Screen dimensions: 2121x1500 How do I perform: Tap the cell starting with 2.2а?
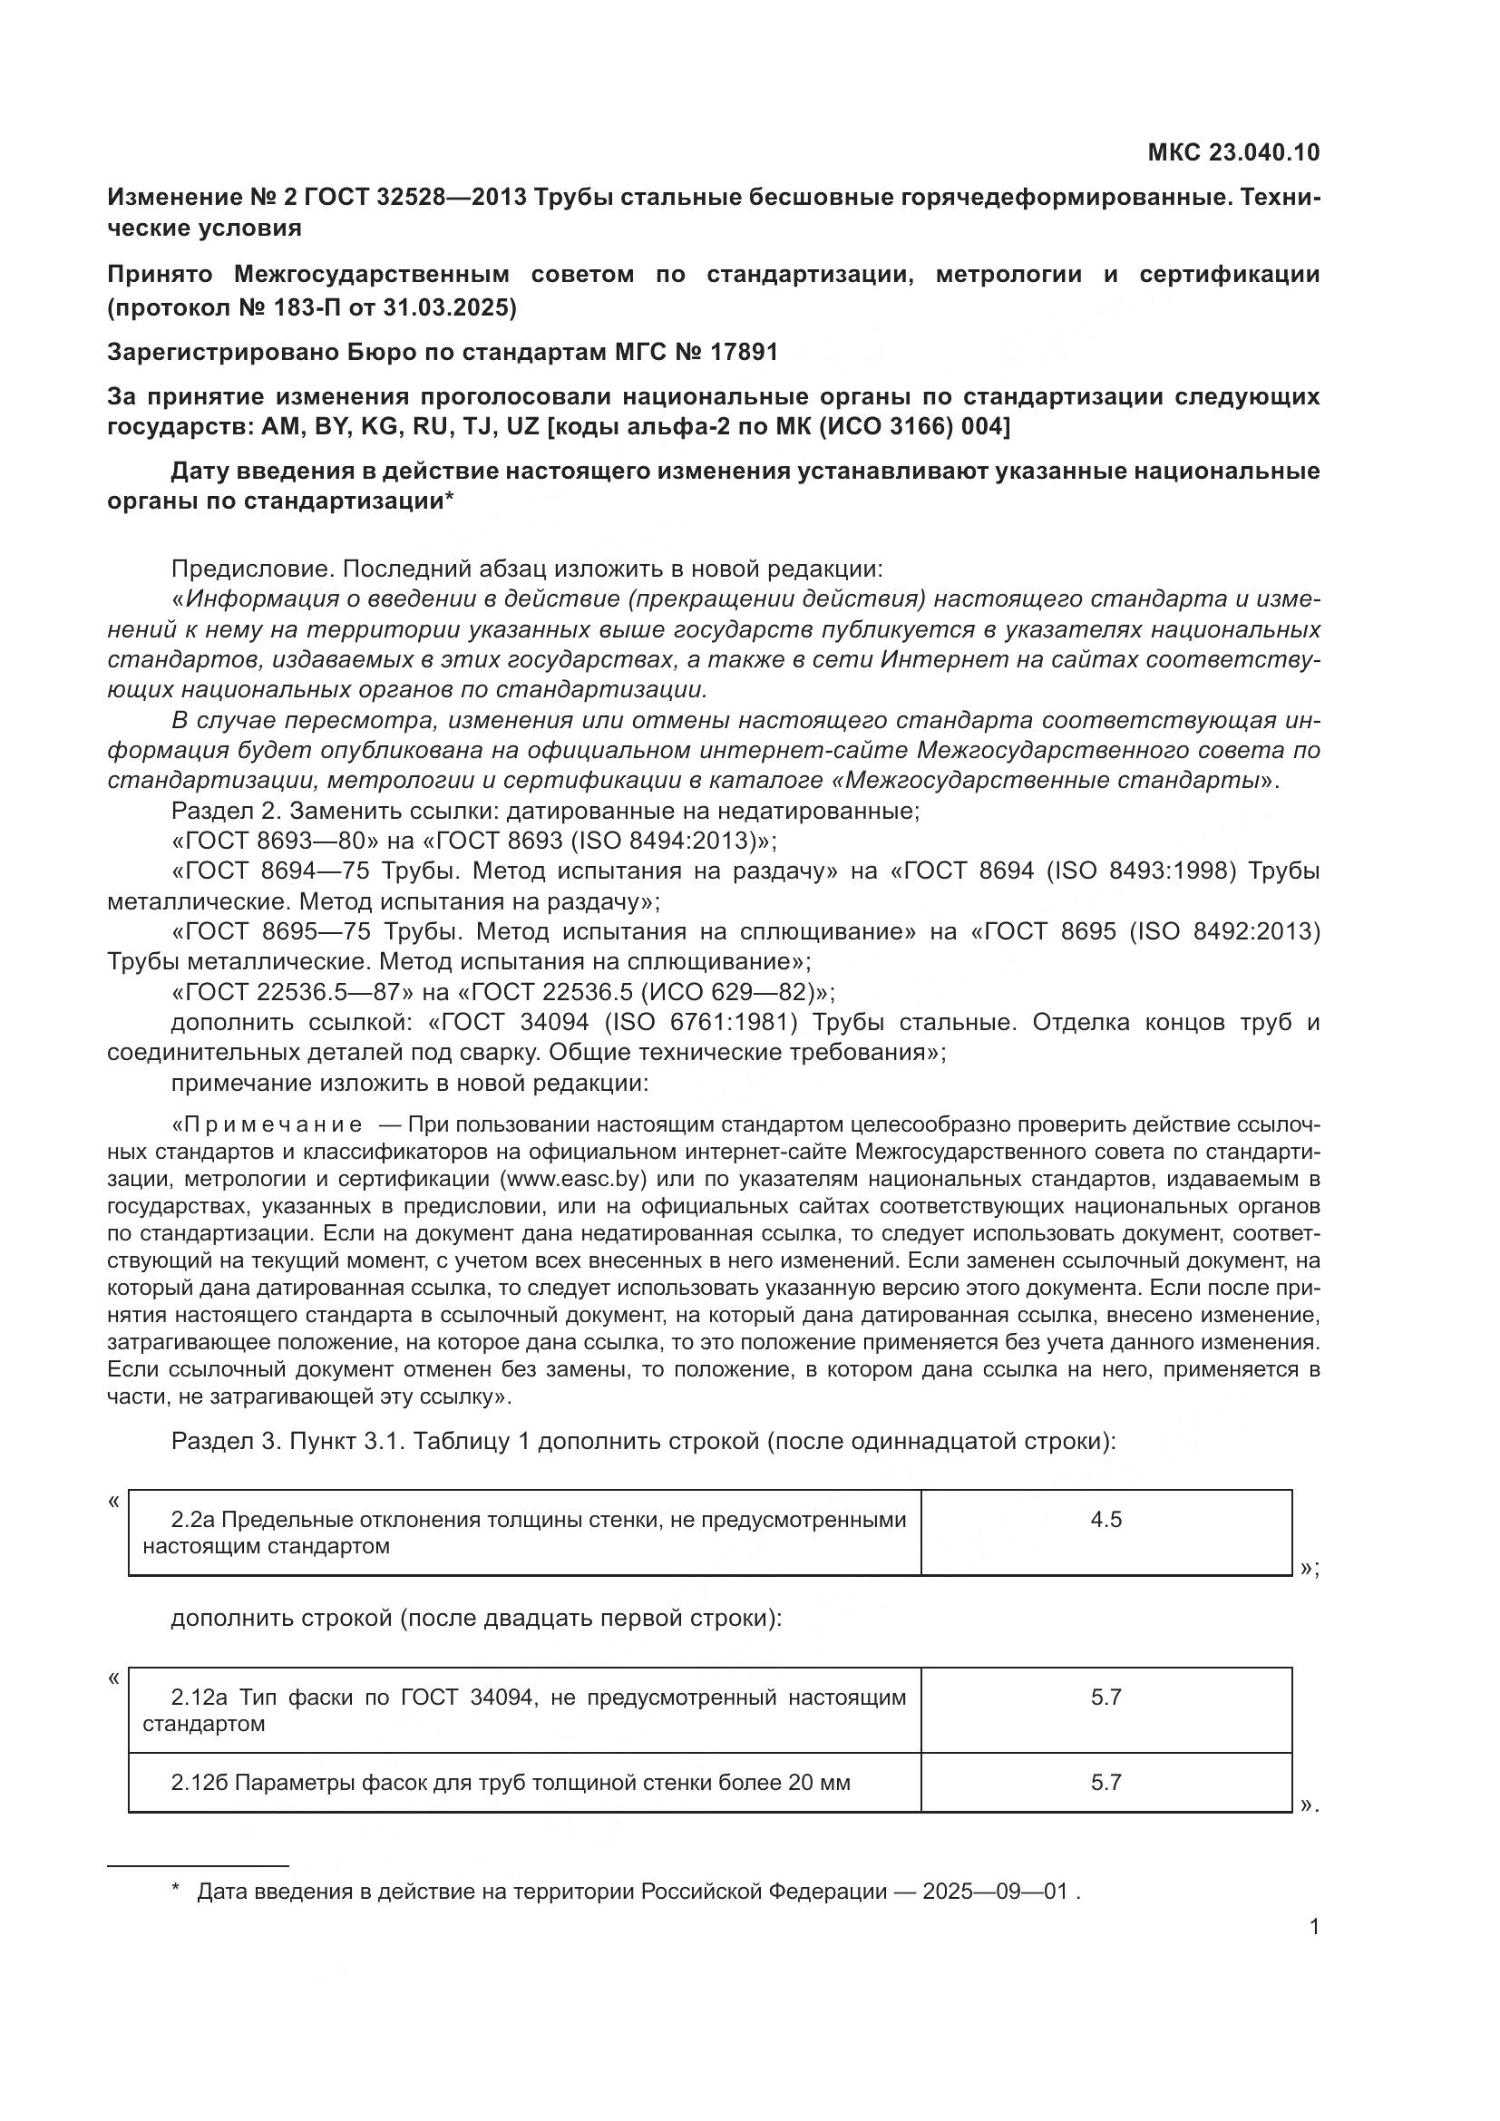coord(523,1532)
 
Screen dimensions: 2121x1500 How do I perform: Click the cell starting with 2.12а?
coord(523,1710)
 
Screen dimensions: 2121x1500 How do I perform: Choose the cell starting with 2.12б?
coord(523,1783)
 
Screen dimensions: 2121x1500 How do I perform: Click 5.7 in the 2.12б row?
coord(1106,1783)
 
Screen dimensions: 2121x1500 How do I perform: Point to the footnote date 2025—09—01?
coord(995,1891)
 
